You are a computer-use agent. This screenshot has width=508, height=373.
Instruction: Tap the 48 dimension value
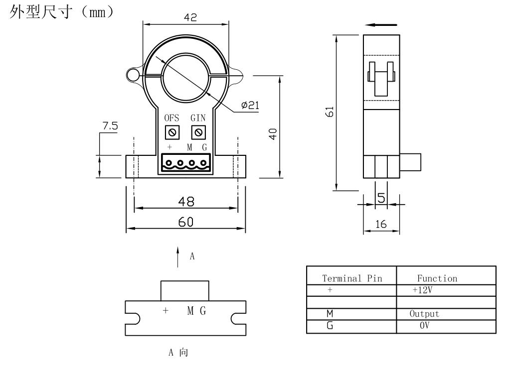186,201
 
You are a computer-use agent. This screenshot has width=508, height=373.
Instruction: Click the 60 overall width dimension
186,222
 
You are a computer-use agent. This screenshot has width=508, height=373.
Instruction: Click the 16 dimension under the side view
381,225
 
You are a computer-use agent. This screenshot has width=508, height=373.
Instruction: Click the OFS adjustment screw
171,132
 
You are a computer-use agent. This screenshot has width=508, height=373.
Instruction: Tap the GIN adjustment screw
198,132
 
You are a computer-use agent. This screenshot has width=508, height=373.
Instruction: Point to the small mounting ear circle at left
133,75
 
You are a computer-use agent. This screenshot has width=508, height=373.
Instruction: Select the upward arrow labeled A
178,257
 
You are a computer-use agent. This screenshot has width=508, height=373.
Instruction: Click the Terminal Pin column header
352,278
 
